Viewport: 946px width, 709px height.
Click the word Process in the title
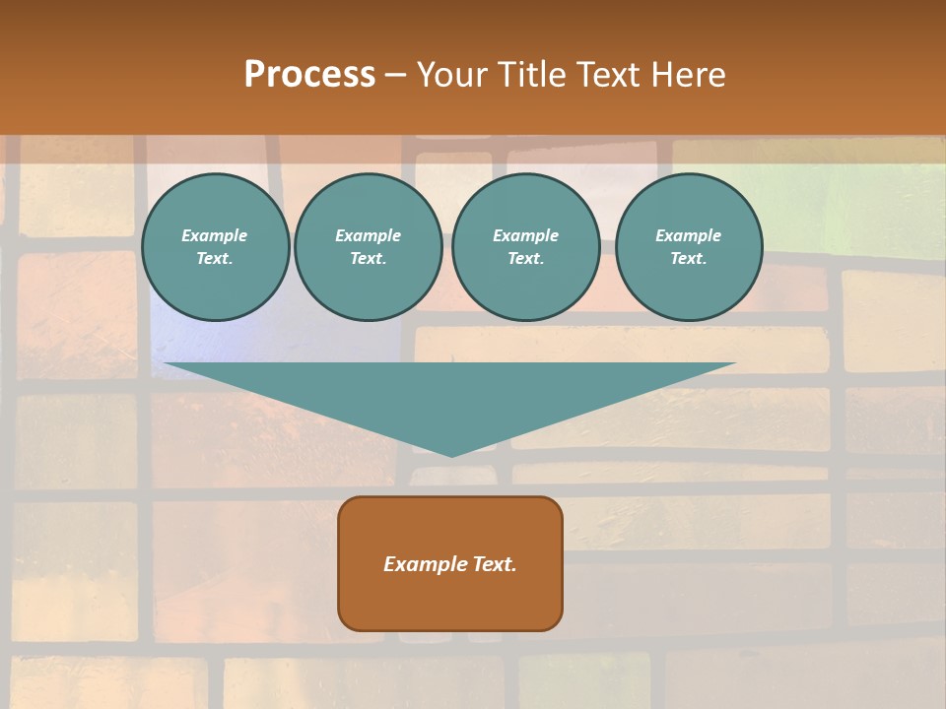(x=309, y=75)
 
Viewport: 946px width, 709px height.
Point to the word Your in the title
(x=452, y=75)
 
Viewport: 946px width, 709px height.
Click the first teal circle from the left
(x=215, y=247)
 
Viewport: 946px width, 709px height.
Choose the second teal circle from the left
(x=369, y=247)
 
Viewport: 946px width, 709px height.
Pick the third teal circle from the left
(x=526, y=247)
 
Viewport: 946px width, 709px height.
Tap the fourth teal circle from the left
(x=689, y=247)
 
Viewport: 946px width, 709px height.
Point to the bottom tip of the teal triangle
(x=452, y=455)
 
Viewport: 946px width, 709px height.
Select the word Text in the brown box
(x=495, y=564)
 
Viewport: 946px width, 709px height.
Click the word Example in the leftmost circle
(x=215, y=235)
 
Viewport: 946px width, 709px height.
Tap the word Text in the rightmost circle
(x=689, y=259)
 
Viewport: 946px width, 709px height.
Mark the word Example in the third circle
(x=526, y=235)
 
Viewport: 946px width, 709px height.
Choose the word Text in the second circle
(x=369, y=259)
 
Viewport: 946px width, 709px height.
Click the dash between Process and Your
(x=396, y=76)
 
